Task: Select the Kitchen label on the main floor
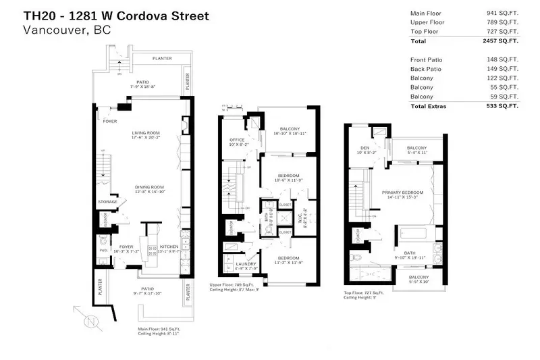pos(169,247)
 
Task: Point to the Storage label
pos(107,201)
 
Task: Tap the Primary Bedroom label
pos(400,192)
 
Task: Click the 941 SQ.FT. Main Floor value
pos(503,13)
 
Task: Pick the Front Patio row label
pos(426,59)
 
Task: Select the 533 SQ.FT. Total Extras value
pos(502,106)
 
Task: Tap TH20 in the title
pos(38,15)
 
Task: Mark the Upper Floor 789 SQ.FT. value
pos(503,22)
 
